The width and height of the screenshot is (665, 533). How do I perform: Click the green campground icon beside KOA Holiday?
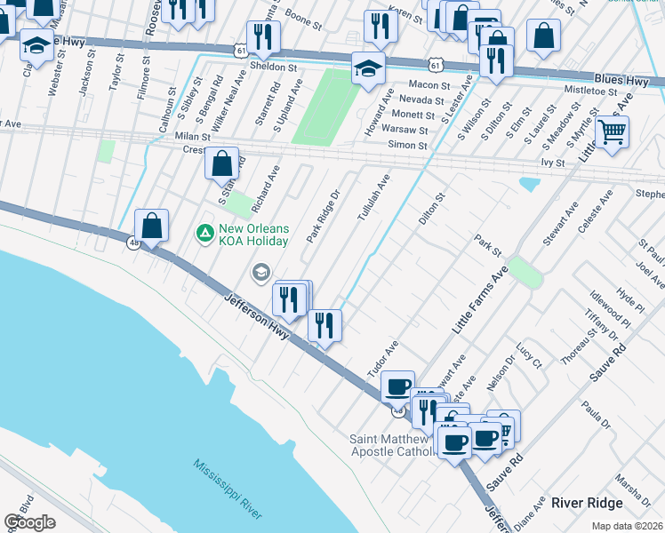pyautogui.click(x=204, y=234)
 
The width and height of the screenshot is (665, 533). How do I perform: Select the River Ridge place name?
pyautogui.click(x=586, y=503)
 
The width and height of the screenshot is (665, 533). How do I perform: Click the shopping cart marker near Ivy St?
pyautogui.click(x=612, y=132)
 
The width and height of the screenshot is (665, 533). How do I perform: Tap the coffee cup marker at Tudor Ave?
pyautogui.click(x=397, y=386)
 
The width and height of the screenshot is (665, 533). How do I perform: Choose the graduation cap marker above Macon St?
pyautogui.click(x=368, y=68)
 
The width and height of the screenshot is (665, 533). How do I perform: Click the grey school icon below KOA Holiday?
pyautogui.click(x=261, y=271)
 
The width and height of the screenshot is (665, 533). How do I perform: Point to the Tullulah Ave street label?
pyautogui.click(x=373, y=197)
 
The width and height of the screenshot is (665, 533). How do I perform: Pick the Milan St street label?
pyautogui.click(x=192, y=137)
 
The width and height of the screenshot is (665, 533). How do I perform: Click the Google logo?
pyautogui.click(x=29, y=522)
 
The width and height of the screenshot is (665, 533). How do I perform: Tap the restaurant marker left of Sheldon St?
pyautogui.click(x=263, y=36)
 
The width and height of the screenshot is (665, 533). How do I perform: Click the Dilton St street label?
pyautogui.click(x=433, y=206)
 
